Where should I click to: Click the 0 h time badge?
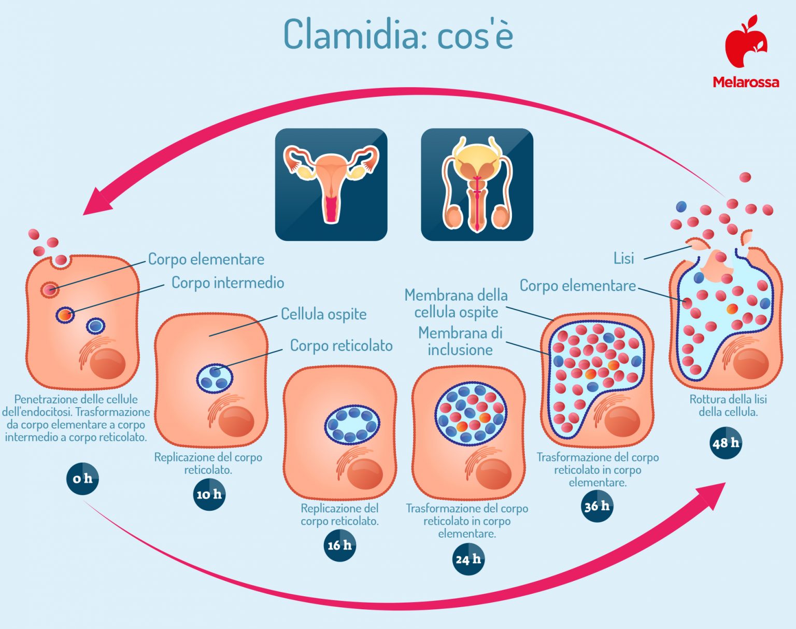click(82, 478)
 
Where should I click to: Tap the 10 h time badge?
click(209, 494)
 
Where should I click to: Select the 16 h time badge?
click(339, 545)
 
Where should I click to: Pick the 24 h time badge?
click(468, 559)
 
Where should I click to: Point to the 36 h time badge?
click(597, 506)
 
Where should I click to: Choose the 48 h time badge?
click(726, 443)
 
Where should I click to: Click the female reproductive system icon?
click(331, 185)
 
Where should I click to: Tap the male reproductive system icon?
click(477, 185)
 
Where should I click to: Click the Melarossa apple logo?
click(746, 41)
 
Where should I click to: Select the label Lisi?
click(623, 258)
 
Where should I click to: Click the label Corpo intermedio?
click(228, 283)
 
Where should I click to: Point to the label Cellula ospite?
click(323, 314)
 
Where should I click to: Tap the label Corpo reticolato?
click(341, 345)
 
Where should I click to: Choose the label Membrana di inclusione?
click(460, 341)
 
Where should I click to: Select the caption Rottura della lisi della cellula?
click(728, 406)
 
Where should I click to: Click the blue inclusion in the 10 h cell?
click(215, 378)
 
